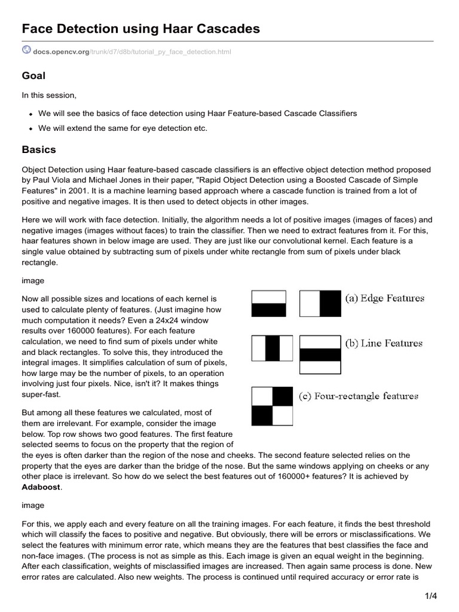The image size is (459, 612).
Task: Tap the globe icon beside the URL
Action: (26, 51)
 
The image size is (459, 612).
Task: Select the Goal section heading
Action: (33, 76)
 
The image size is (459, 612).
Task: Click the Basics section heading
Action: (39, 149)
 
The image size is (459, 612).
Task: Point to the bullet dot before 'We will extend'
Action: (30, 128)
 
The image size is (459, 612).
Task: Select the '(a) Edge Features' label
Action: (384, 298)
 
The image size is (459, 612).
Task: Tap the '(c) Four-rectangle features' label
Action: (359, 396)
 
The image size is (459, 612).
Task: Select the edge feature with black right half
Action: (320, 303)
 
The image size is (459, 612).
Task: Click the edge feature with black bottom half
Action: (268, 303)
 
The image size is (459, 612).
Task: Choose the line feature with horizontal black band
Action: (320, 354)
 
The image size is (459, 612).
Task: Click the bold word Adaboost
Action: (41, 487)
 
